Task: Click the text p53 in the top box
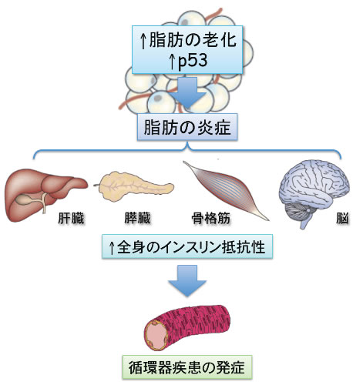point(193,62)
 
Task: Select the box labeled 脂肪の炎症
point(187,127)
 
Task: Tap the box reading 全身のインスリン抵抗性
point(187,246)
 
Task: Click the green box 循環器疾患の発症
point(187,367)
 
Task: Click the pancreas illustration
point(135,186)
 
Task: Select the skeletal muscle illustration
point(226,190)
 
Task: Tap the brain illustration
point(314,192)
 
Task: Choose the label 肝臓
point(71,219)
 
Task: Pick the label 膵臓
point(137,218)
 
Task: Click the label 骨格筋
point(211,219)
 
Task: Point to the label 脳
point(342,219)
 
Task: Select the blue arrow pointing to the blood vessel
point(187,280)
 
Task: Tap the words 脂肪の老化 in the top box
point(193,40)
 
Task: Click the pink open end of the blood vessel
point(156,336)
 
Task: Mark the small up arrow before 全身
point(112,248)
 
